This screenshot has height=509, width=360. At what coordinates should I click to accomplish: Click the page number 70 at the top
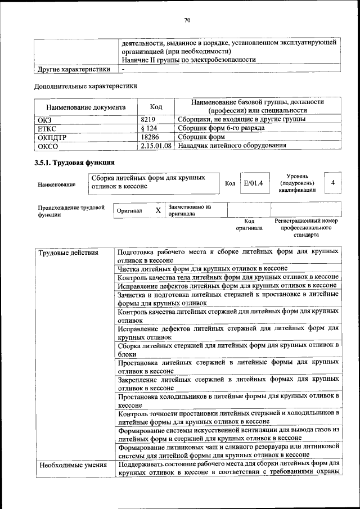click(188, 21)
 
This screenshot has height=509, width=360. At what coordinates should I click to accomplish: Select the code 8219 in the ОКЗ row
click(147, 119)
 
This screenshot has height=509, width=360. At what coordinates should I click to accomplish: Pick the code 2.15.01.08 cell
click(157, 146)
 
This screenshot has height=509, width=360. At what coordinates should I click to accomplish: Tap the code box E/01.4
click(250, 183)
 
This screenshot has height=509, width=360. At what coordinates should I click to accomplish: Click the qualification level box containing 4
click(333, 183)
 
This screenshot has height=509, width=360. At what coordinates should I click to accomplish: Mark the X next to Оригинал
click(158, 210)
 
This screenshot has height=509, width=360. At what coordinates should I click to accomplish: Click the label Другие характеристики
click(74, 69)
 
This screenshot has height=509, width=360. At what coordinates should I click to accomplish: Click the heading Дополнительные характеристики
click(85, 86)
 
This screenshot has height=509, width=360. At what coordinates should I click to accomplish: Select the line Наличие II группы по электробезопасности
click(189, 60)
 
